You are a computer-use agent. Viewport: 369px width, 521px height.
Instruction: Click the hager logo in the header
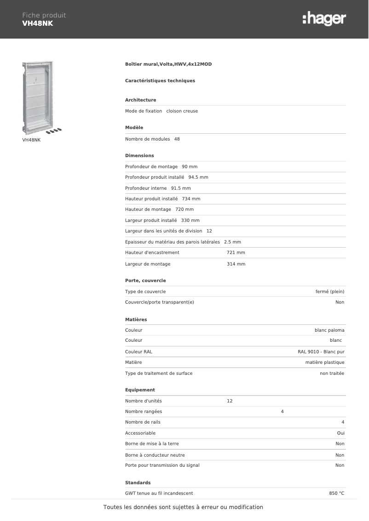324,19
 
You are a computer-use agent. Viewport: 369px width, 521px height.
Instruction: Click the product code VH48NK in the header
38,23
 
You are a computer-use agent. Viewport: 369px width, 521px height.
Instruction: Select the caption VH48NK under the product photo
31,140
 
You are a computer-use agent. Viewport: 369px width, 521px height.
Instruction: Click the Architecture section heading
140,100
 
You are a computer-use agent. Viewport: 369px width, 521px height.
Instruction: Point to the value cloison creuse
182,111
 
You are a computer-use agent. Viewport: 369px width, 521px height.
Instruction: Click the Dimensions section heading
139,156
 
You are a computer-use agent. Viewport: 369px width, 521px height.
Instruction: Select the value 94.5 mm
198,177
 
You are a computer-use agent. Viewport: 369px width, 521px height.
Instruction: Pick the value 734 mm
191,199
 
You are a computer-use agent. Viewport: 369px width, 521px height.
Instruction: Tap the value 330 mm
190,221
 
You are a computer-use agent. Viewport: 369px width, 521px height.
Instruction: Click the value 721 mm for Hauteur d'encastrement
236,253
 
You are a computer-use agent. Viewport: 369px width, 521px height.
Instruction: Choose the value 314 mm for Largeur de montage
236,264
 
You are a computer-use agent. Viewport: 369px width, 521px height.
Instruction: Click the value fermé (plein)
330,292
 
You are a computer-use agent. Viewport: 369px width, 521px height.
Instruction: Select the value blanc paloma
329,330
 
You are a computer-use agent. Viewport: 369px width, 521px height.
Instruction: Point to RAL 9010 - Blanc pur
321,352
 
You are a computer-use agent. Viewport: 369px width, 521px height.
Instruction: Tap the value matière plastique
325,362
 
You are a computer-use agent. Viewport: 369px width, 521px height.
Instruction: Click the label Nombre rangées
144,412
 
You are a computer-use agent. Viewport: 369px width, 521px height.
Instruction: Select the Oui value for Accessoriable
340,433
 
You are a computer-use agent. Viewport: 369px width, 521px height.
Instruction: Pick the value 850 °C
337,493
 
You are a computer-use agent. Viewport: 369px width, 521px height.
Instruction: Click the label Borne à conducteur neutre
155,455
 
